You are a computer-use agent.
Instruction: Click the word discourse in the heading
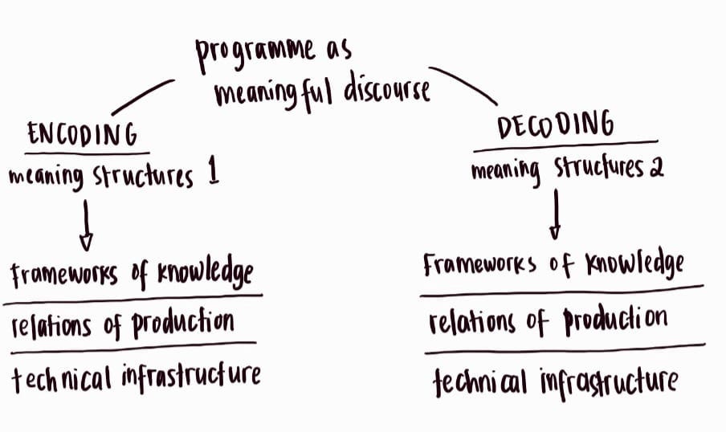[x=387, y=90]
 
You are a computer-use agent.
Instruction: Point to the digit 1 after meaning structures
[x=213, y=175]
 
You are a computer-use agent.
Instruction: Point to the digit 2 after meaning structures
[x=657, y=170]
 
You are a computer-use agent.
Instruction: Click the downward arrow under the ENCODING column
[x=86, y=226]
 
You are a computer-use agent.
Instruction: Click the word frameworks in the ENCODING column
[x=62, y=275]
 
